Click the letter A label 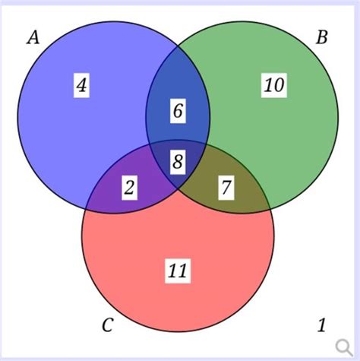point(33,37)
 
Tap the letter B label point(321,37)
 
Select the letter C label point(108,325)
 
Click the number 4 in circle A point(81,85)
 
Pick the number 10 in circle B point(274,85)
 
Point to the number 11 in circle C point(178,271)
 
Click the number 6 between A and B point(178,111)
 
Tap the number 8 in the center point(178,162)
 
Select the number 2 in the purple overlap point(129,188)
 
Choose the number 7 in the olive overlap point(226,188)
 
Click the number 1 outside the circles point(321,325)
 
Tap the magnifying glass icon point(344,347)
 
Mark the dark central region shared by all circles point(178,162)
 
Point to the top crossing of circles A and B point(178,46)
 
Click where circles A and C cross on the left point(87,208)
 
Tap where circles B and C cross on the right point(270,209)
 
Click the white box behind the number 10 point(274,85)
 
